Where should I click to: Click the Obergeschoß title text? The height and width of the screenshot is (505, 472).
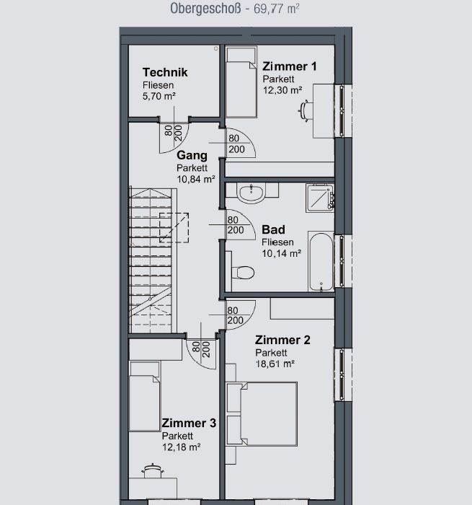(x=205, y=9)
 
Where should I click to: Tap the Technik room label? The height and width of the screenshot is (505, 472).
(x=165, y=72)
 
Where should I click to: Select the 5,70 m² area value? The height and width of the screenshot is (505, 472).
(x=159, y=96)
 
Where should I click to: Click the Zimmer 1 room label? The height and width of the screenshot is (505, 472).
(x=290, y=66)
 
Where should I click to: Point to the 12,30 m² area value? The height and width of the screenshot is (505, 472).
(x=282, y=90)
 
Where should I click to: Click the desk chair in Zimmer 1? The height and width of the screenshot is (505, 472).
(x=305, y=111)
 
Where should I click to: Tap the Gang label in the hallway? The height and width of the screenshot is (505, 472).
(x=192, y=155)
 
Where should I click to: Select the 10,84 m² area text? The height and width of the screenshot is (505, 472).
(x=195, y=179)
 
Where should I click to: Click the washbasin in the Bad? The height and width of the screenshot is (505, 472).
(x=251, y=193)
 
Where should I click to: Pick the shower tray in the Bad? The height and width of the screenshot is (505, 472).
(x=320, y=198)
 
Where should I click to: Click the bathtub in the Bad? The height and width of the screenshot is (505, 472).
(x=321, y=261)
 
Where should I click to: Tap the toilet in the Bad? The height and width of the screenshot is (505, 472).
(x=243, y=273)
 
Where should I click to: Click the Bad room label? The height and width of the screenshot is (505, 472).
(x=273, y=229)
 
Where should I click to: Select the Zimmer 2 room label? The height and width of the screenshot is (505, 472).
(x=282, y=340)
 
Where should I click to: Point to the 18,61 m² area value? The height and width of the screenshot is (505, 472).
(x=275, y=364)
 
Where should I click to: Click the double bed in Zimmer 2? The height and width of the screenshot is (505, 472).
(x=262, y=414)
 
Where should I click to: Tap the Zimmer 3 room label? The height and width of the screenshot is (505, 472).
(x=189, y=423)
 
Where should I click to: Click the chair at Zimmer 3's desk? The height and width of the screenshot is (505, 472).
(x=153, y=471)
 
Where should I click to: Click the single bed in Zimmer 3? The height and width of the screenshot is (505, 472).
(x=144, y=396)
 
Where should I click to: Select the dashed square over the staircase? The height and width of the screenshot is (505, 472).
(x=174, y=227)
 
